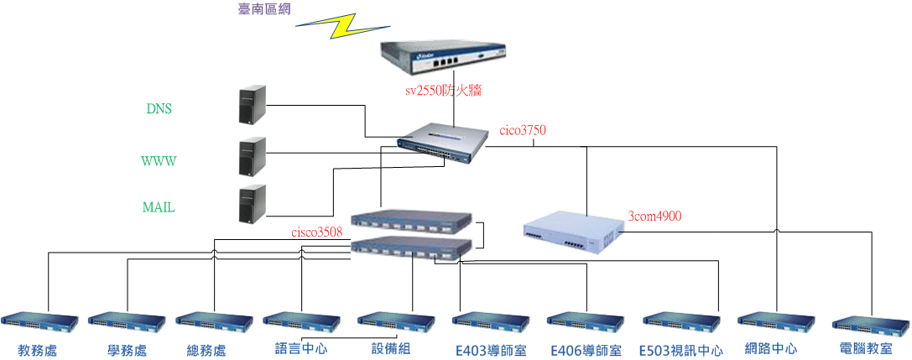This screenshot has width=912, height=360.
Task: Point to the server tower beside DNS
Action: click(x=250, y=104)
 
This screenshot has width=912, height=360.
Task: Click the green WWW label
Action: click(x=159, y=160)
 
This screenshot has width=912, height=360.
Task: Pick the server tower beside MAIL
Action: click(x=250, y=204)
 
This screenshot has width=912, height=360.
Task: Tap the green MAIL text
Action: click(x=159, y=207)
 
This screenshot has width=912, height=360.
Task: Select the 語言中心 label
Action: click(x=301, y=348)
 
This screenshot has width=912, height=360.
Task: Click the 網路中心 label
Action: click(x=771, y=348)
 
